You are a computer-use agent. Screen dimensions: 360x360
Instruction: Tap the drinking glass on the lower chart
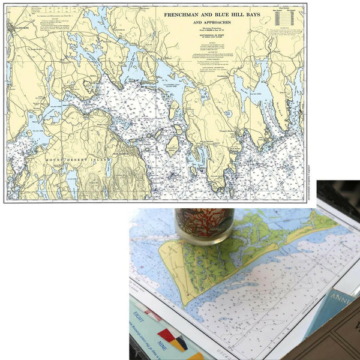tap(204, 225)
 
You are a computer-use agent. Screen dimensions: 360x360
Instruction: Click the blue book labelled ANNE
tap(336, 312)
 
